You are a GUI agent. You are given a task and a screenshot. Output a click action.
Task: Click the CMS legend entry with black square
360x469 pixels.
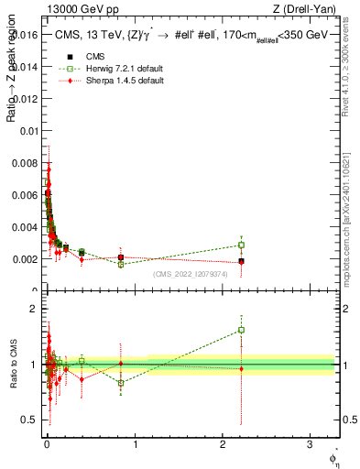92,57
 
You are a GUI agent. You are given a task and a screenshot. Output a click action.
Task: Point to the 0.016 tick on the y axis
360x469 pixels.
26,35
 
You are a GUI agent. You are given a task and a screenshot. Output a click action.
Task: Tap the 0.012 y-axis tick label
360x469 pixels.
26,99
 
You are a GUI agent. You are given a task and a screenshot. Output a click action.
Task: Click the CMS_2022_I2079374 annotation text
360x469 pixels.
191,273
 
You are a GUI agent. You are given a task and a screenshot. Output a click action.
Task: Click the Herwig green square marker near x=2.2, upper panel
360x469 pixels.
241,245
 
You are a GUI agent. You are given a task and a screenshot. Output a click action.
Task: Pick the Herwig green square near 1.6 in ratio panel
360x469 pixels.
241,330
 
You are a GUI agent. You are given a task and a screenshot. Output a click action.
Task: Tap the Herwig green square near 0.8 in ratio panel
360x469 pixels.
121,383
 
